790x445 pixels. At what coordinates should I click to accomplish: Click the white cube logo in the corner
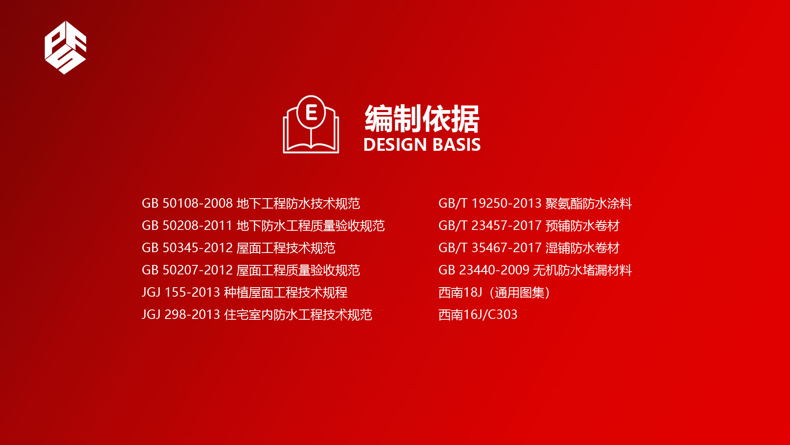pos(65,47)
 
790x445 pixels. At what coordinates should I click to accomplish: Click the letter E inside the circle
pos(311,112)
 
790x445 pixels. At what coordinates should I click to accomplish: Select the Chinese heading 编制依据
pos(422,119)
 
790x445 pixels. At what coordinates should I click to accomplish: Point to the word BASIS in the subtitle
pos(457,145)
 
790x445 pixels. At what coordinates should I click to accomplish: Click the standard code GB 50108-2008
pos(187,203)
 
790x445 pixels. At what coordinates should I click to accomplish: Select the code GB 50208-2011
pos(187,225)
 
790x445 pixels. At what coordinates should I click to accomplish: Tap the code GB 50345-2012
pos(187,248)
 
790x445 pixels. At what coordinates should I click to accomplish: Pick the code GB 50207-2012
pos(187,270)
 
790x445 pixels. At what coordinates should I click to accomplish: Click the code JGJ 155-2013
pos(181,292)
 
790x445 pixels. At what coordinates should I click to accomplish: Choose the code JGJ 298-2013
pos(181,314)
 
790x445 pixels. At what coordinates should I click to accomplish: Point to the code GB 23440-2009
pos(484,270)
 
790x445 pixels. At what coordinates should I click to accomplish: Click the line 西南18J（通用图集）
pos(495,293)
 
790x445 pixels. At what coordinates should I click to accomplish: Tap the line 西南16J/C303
pos(478,314)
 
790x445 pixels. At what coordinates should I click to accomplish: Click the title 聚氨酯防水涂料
pos(589,203)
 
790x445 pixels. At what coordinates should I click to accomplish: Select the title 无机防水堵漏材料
pos(583,270)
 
